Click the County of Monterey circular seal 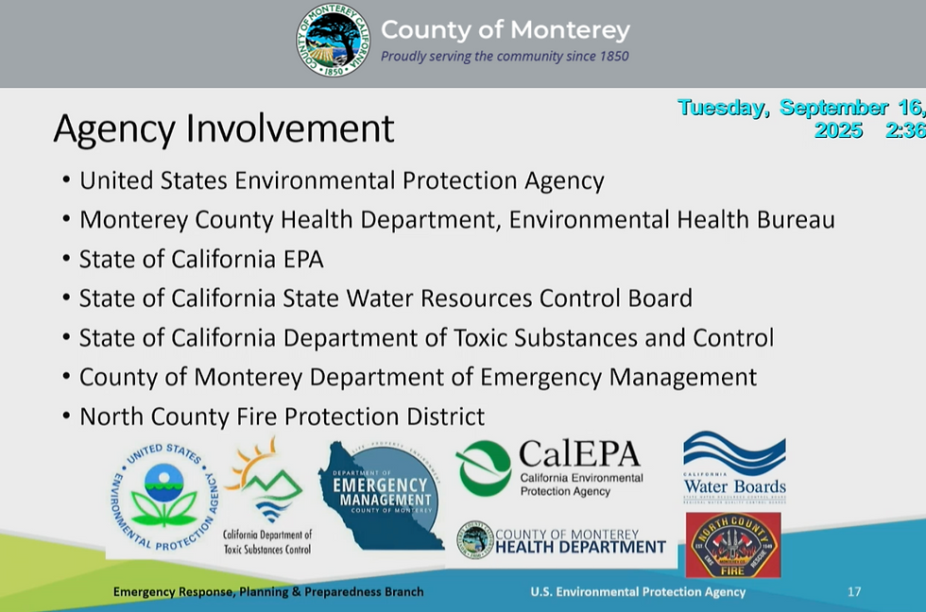[333, 40]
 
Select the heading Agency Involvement [223, 128]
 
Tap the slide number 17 [854, 592]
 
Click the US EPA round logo [163, 499]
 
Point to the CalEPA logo [550, 467]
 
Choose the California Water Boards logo [734, 467]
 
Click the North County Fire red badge [732, 546]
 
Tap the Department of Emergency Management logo [383, 496]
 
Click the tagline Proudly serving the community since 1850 [505, 57]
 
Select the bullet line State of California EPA [201, 259]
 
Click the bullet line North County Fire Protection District [282, 416]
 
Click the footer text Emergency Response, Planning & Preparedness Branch [268, 592]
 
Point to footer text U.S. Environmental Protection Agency [638, 592]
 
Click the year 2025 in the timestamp [838, 130]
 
